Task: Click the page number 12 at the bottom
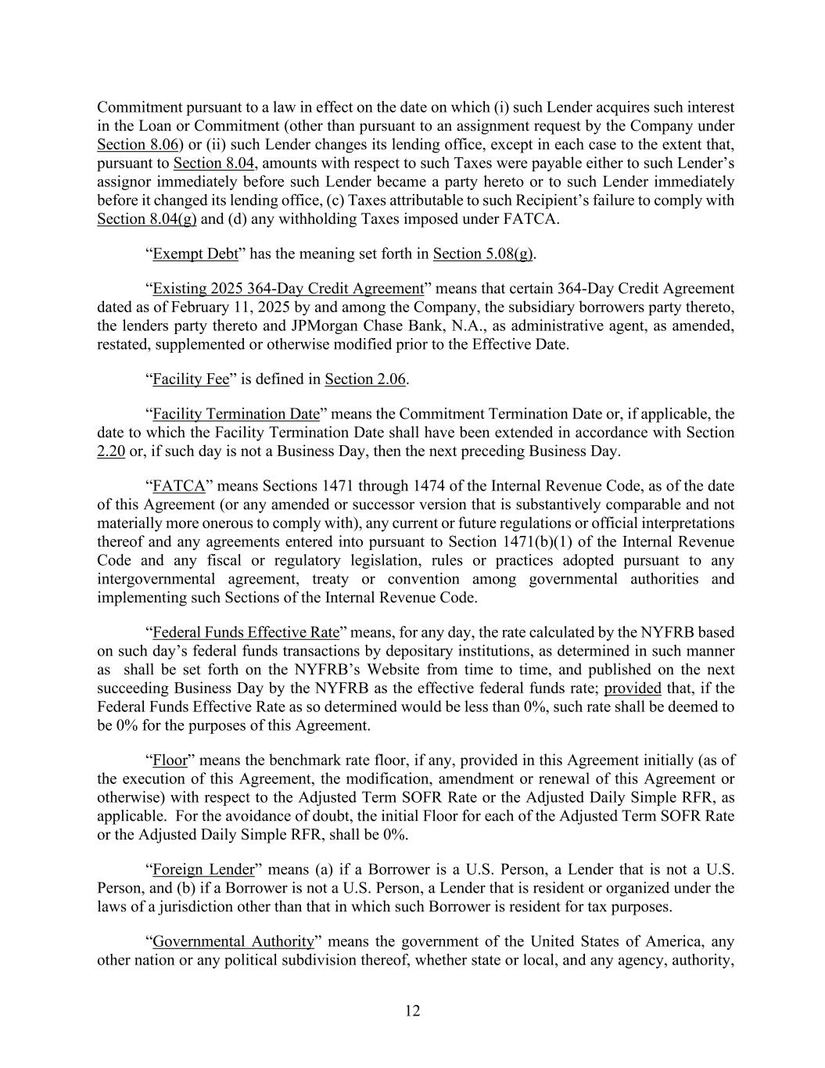[412, 1011]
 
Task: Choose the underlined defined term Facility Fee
[191, 379]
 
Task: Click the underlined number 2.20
[111, 451]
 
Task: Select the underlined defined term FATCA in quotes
[178, 486]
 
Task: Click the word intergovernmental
[159, 579]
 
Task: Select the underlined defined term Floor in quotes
[170, 761]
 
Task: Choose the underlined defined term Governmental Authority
[233, 941]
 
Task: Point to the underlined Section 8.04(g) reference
[147, 219]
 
